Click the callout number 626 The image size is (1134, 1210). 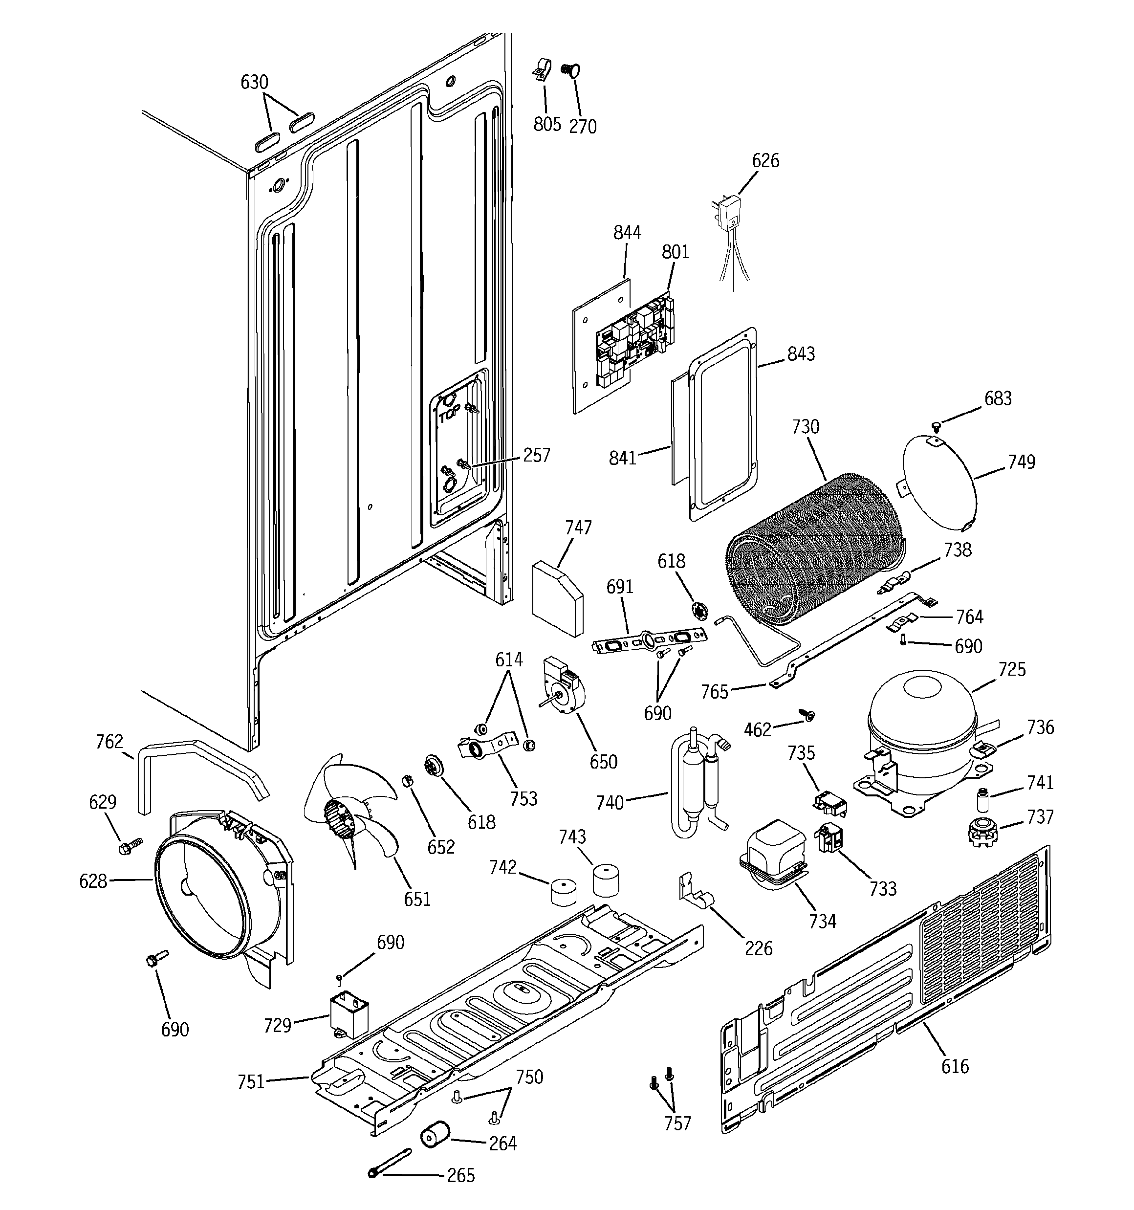point(765,161)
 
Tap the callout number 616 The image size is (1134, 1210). point(955,1066)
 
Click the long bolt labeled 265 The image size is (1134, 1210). point(389,1163)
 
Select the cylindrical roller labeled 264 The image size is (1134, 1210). point(435,1136)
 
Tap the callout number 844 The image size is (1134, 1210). point(627,233)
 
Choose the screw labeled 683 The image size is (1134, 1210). point(938,425)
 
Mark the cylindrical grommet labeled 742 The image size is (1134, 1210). point(564,892)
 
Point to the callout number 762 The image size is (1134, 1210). point(109,742)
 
